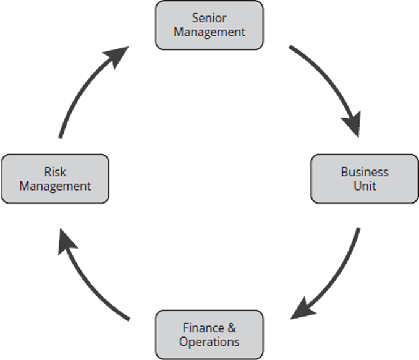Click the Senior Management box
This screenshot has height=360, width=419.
pyautogui.click(x=209, y=25)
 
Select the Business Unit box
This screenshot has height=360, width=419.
pyautogui.click(x=364, y=178)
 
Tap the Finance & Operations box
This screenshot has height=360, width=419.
pyautogui.click(x=209, y=335)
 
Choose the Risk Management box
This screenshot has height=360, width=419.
pyautogui.click(x=55, y=178)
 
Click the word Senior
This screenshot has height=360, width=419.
pyautogui.click(x=209, y=18)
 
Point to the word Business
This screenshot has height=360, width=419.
pyautogui.click(x=365, y=171)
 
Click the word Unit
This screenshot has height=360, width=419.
pyautogui.click(x=365, y=186)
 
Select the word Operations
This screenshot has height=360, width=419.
pyautogui.click(x=209, y=341)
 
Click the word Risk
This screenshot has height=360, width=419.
pyautogui.click(x=55, y=171)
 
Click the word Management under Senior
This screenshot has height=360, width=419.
pyautogui.click(x=209, y=32)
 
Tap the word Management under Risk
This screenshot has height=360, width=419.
pyautogui.click(x=55, y=186)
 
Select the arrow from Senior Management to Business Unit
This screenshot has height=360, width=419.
pyautogui.click(x=331, y=84)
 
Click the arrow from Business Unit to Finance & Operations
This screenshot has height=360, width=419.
pyautogui.click(x=337, y=276)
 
